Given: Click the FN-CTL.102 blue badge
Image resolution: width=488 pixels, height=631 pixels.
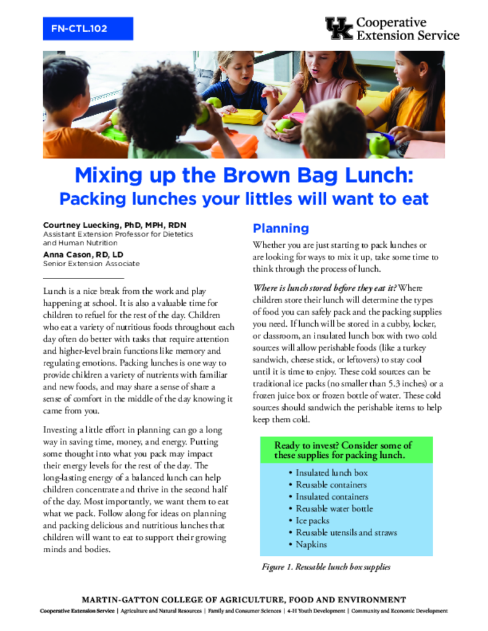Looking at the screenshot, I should tap(88, 28).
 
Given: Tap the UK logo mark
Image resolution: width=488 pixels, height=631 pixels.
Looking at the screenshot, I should tap(339, 28).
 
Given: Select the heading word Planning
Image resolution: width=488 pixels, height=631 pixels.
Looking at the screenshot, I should tap(281, 228).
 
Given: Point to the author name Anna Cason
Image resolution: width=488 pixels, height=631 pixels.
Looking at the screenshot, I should tap(67, 254).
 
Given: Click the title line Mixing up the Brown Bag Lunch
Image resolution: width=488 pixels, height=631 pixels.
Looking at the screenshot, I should tap(244, 176).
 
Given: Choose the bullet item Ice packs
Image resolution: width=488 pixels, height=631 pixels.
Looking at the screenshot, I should tap(312, 521).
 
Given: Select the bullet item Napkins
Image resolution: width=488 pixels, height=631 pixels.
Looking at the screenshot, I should tap(311, 545).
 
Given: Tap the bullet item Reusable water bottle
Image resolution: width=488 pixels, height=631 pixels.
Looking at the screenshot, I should tap(334, 509).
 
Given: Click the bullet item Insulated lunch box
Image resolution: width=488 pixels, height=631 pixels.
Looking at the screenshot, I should tap(331, 473).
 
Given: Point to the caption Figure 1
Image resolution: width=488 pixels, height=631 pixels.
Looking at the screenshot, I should tap(326, 567).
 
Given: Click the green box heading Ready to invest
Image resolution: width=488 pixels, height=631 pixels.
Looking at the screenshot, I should tap(343, 450).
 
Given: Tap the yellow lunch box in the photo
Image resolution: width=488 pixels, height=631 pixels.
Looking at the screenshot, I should tap(242, 115).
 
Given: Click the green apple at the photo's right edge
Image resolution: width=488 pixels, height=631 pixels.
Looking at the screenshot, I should tap(379, 145).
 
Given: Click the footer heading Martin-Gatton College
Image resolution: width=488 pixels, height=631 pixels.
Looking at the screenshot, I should tap(244, 600).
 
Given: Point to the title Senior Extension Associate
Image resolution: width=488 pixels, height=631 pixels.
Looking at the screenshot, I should tap(91, 264).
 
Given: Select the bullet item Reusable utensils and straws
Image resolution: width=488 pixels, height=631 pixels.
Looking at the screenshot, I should tap(346, 532).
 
